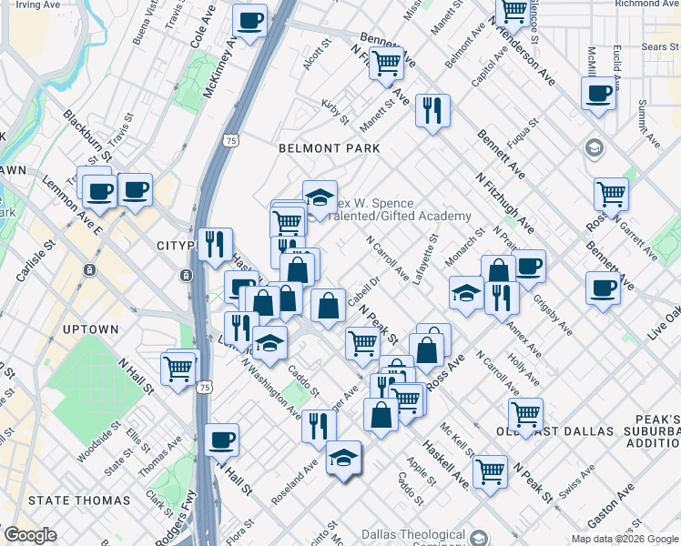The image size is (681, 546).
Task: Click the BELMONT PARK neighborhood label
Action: click(x=329, y=147)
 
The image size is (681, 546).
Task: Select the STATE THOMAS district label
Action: click(x=79, y=500)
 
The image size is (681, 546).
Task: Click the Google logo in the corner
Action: click(x=30, y=535)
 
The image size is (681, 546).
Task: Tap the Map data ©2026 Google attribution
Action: click(x=624, y=540)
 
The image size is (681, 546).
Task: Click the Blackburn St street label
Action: click(x=87, y=136)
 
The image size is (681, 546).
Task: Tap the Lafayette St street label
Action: click(x=426, y=259)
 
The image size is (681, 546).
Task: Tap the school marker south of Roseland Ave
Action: click(x=343, y=458)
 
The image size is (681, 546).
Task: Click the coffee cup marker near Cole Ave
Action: click(x=250, y=20)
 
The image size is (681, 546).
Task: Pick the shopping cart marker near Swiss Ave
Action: click(x=490, y=471)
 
